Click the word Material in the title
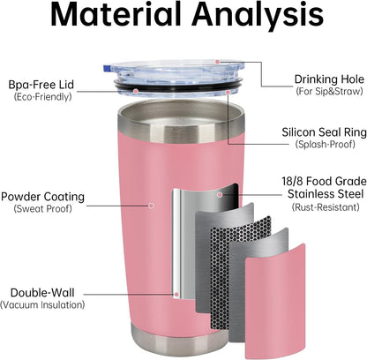[x=116, y=14]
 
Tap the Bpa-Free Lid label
[x=41, y=85]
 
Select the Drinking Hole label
[x=329, y=79]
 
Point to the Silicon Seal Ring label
[x=324, y=132]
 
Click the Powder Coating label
[x=42, y=197]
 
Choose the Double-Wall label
[x=42, y=293]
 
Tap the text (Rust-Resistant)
[x=326, y=207]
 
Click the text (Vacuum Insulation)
[x=42, y=304]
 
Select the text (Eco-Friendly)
[x=42, y=96]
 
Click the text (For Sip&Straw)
[x=329, y=91]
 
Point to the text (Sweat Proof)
[x=42, y=208]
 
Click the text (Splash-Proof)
[x=325, y=144]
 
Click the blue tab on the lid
[x=106, y=68]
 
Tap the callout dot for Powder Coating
[x=151, y=206]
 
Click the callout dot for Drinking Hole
[x=217, y=62]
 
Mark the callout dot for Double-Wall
[x=176, y=294]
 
